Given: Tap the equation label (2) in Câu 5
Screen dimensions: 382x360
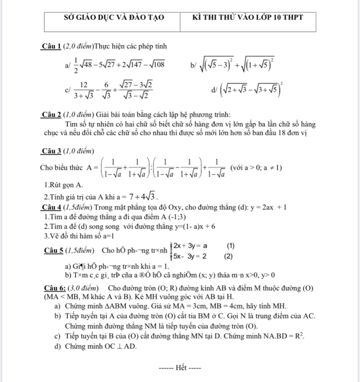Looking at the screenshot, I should (229, 256).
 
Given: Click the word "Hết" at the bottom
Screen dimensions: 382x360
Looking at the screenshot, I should (180, 368).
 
